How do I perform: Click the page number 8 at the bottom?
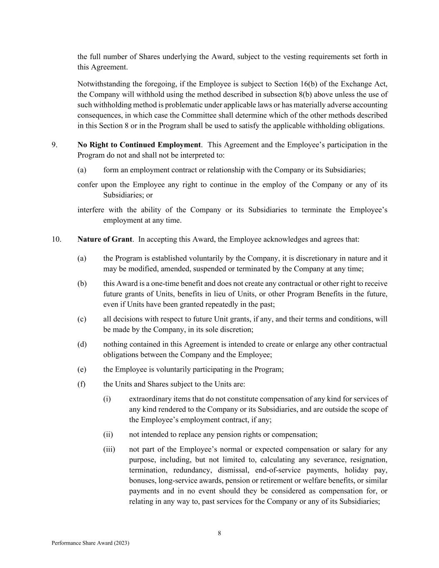(x=219, y=533)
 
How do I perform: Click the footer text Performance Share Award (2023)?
(x=90, y=543)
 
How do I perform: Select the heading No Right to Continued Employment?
(x=139, y=145)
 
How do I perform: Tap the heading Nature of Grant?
(x=104, y=239)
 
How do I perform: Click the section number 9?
(x=55, y=145)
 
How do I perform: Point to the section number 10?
(x=56, y=239)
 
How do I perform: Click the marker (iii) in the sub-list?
(x=109, y=449)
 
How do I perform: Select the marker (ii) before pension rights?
(x=108, y=434)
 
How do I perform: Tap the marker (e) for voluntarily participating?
(x=82, y=370)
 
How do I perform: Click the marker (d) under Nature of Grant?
(x=82, y=345)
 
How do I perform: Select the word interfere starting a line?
(x=91, y=210)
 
